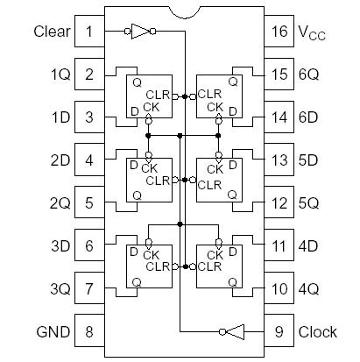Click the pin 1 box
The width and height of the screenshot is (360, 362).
coord(88,32)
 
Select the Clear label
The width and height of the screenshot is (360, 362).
coord(52,32)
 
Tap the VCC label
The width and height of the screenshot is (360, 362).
coord(313,33)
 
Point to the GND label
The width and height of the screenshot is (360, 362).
coord(53,332)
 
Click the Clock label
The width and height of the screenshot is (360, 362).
coord(317,332)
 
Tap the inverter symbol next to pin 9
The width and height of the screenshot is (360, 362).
coord(234,332)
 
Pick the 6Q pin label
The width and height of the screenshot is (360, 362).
coord(309,75)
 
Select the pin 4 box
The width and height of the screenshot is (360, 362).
coord(88,160)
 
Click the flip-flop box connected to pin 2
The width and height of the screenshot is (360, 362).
coord(147,96)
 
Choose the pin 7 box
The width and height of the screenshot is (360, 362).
coord(88,288)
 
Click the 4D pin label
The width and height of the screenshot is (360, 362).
coord(309,246)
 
